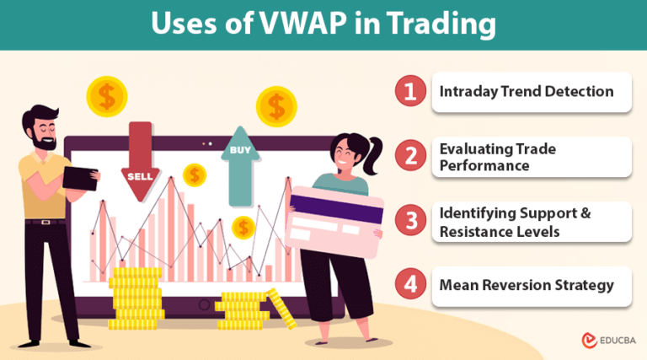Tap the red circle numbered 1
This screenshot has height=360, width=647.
point(410,92)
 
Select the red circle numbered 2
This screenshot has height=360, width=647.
point(410,156)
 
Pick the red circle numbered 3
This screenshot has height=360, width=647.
point(410,221)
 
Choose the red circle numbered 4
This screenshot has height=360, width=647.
point(410,285)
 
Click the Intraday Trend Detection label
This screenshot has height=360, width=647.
point(527,91)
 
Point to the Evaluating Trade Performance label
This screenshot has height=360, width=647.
point(497,157)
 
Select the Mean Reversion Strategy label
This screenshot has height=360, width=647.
point(527,285)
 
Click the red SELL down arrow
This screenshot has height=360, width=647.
point(140,160)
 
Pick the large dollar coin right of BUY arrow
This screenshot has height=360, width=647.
point(276,106)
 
